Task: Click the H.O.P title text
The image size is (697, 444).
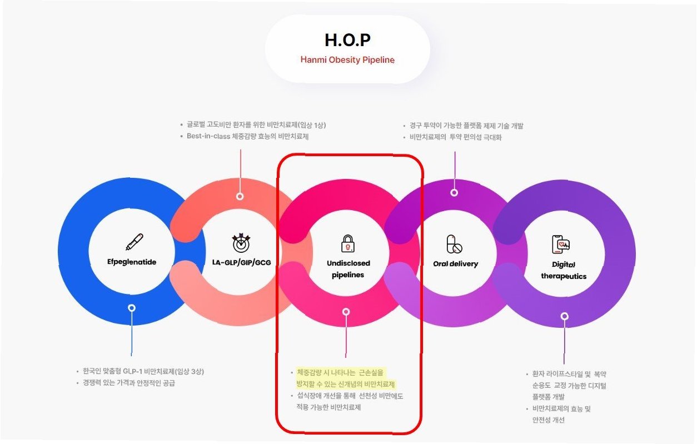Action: [347, 40]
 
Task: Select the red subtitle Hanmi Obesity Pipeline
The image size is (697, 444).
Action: [347, 59]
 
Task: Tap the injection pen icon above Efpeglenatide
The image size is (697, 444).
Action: [134, 242]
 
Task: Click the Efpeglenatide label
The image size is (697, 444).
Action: [132, 262]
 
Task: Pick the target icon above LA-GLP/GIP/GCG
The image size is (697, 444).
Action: [241, 242]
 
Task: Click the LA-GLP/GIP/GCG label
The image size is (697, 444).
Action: [241, 262]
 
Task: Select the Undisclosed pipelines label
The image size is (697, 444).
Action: [348, 268]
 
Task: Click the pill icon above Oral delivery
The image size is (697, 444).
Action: [454, 244]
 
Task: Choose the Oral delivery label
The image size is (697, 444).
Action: [455, 263]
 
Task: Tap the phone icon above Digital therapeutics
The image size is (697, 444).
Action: [561, 244]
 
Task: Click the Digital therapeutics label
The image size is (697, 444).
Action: [563, 270]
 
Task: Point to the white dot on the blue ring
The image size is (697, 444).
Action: [132, 307]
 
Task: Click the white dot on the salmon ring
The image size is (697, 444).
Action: [240, 196]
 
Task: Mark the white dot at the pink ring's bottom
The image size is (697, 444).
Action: [346, 312]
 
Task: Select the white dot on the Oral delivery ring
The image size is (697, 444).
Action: [454, 192]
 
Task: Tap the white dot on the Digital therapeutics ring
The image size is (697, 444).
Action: [564, 316]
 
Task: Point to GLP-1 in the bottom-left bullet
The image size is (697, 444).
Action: [131, 371]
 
